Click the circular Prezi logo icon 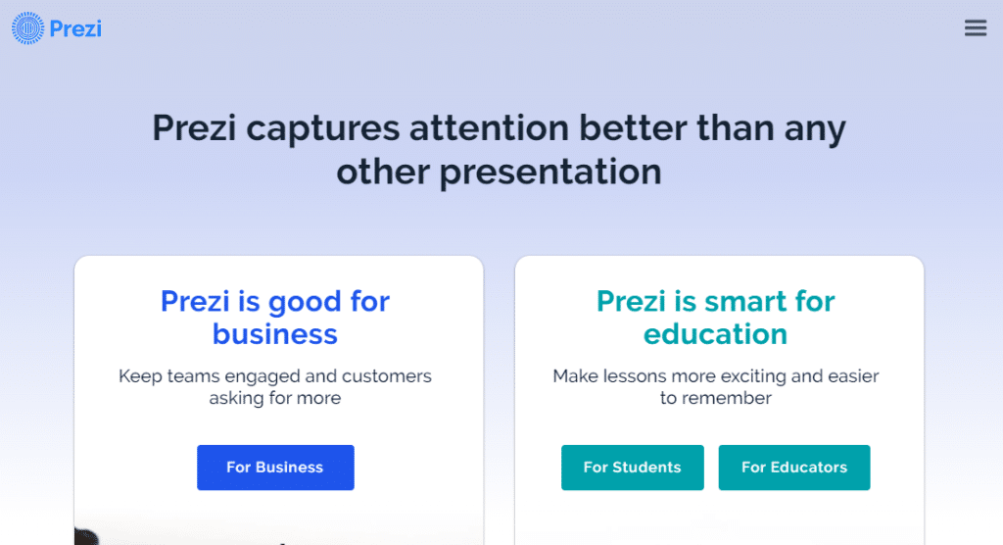pos(28,28)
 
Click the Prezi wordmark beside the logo pos(76,28)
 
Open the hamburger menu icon pos(975,28)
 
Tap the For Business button pos(275,468)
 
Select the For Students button pos(632,468)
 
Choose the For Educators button pos(793,468)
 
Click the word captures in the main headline pos(322,129)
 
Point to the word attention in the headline pos(500,129)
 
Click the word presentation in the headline pos(549,173)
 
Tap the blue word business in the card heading pos(275,334)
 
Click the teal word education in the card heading pos(715,334)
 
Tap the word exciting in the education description pos(747,376)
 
